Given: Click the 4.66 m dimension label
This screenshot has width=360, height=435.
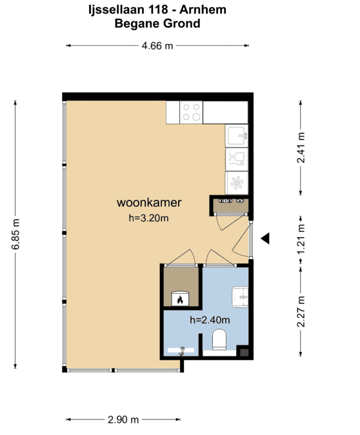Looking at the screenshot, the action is [x=157, y=46].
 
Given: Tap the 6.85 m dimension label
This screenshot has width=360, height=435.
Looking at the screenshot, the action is [x=16, y=234].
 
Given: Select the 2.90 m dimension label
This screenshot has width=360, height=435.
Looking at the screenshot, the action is [x=123, y=420].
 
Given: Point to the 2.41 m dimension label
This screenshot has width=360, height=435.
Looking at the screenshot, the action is [x=301, y=148].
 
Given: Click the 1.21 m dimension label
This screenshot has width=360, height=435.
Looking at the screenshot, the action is [x=301, y=238].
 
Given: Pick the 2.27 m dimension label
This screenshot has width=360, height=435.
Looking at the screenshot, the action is [x=301, y=311].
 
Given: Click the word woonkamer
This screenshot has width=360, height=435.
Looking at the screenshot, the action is [x=149, y=202].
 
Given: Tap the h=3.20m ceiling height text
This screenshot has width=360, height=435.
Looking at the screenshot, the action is [x=148, y=218].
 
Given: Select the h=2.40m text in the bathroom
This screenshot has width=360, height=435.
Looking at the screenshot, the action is [x=210, y=320].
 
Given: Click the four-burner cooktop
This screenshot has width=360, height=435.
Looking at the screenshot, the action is [x=191, y=112].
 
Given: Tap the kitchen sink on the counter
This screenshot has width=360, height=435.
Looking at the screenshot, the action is [x=236, y=135].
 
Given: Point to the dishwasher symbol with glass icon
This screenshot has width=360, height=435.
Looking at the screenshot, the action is [x=236, y=159].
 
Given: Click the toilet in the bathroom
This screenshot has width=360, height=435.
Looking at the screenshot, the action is [x=219, y=339].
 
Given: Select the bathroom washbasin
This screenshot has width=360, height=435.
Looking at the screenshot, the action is [x=240, y=297].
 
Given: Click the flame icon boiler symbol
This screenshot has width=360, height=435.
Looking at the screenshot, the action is [x=180, y=298].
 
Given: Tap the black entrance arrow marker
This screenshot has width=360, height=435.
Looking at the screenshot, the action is [x=265, y=238].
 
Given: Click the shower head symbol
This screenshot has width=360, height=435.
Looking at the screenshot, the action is [x=182, y=351].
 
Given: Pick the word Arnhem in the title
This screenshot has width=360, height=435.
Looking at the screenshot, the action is [x=203, y=10].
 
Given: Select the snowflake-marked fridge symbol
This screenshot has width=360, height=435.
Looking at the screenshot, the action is [x=236, y=183].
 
